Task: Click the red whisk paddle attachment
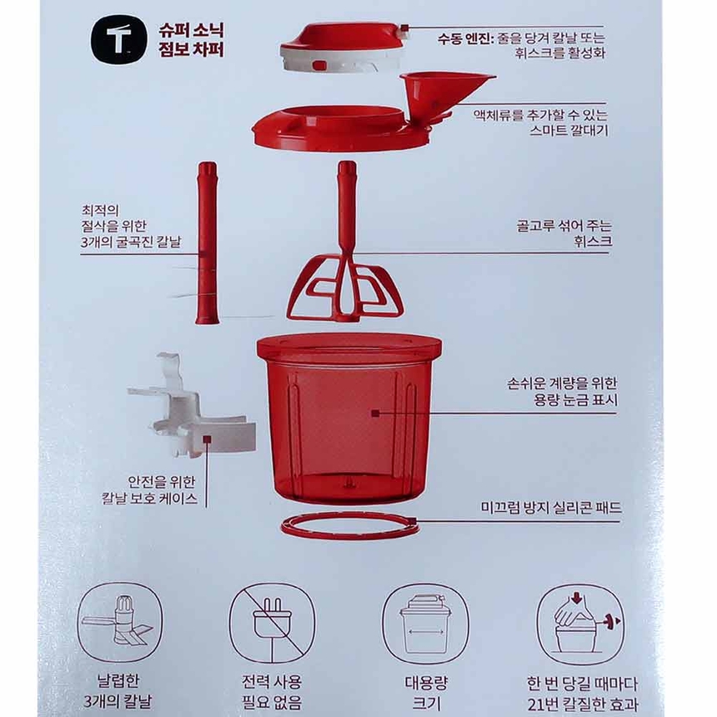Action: (x=345, y=275)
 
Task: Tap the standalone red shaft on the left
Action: (x=207, y=243)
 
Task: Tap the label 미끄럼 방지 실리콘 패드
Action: (x=552, y=507)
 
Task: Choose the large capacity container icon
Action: (x=425, y=623)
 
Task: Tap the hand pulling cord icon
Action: (x=581, y=623)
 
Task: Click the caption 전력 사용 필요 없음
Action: (x=273, y=692)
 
